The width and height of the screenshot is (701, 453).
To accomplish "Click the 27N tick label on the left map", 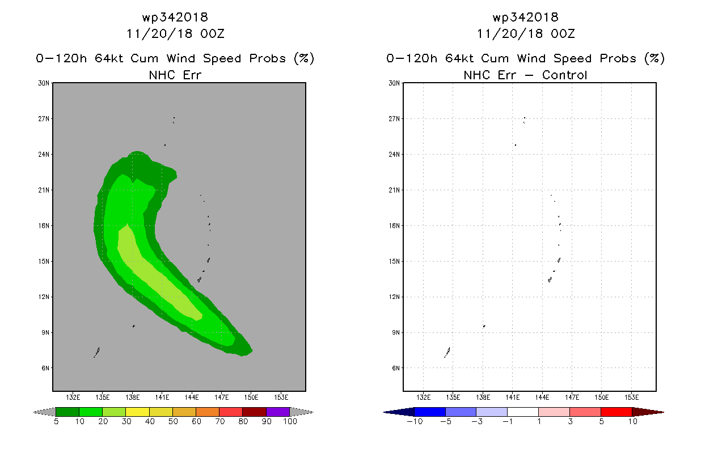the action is pyautogui.click(x=44, y=119).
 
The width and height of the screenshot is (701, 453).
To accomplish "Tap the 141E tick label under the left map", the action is pyautogui.click(x=162, y=398).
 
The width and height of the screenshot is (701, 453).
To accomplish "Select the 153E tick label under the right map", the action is pyautogui.click(x=631, y=398).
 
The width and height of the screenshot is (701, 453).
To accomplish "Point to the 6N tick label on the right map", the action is pyautogui.click(x=396, y=368).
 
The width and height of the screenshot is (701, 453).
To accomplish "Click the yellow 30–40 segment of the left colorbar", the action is pyautogui.click(x=137, y=412).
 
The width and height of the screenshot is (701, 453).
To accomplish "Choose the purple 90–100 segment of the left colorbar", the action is pyautogui.click(x=278, y=412).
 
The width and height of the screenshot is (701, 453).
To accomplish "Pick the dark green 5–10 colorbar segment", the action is pyautogui.click(x=67, y=412).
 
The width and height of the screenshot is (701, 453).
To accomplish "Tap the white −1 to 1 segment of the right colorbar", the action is pyautogui.click(x=523, y=412).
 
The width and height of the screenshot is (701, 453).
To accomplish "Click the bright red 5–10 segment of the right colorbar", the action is pyautogui.click(x=616, y=412).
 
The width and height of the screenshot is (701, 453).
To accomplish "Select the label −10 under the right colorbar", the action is pyautogui.click(x=415, y=421).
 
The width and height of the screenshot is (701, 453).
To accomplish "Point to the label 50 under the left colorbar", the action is pyautogui.click(x=173, y=421).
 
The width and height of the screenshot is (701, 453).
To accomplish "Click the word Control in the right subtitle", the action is pyautogui.click(x=564, y=75).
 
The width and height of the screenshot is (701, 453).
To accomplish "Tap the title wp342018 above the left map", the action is pyautogui.click(x=175, y=18).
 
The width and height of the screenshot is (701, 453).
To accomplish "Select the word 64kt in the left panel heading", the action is pyautogui.click(x=109, y=58).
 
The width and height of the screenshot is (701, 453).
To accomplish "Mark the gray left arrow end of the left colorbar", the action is pyautogui.click(x=44, y=412).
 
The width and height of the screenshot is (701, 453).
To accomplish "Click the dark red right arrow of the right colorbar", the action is pyautogui.click(x=648, y=412).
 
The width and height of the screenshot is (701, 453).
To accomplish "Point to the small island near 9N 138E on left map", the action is pyautogui.click(x=134, y=326).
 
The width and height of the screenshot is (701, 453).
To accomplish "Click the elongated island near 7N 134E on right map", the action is pyautogui.click(x=447, y=352).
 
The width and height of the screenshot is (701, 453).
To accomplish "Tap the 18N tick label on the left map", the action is pyautogui.click(x=44, y=225).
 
